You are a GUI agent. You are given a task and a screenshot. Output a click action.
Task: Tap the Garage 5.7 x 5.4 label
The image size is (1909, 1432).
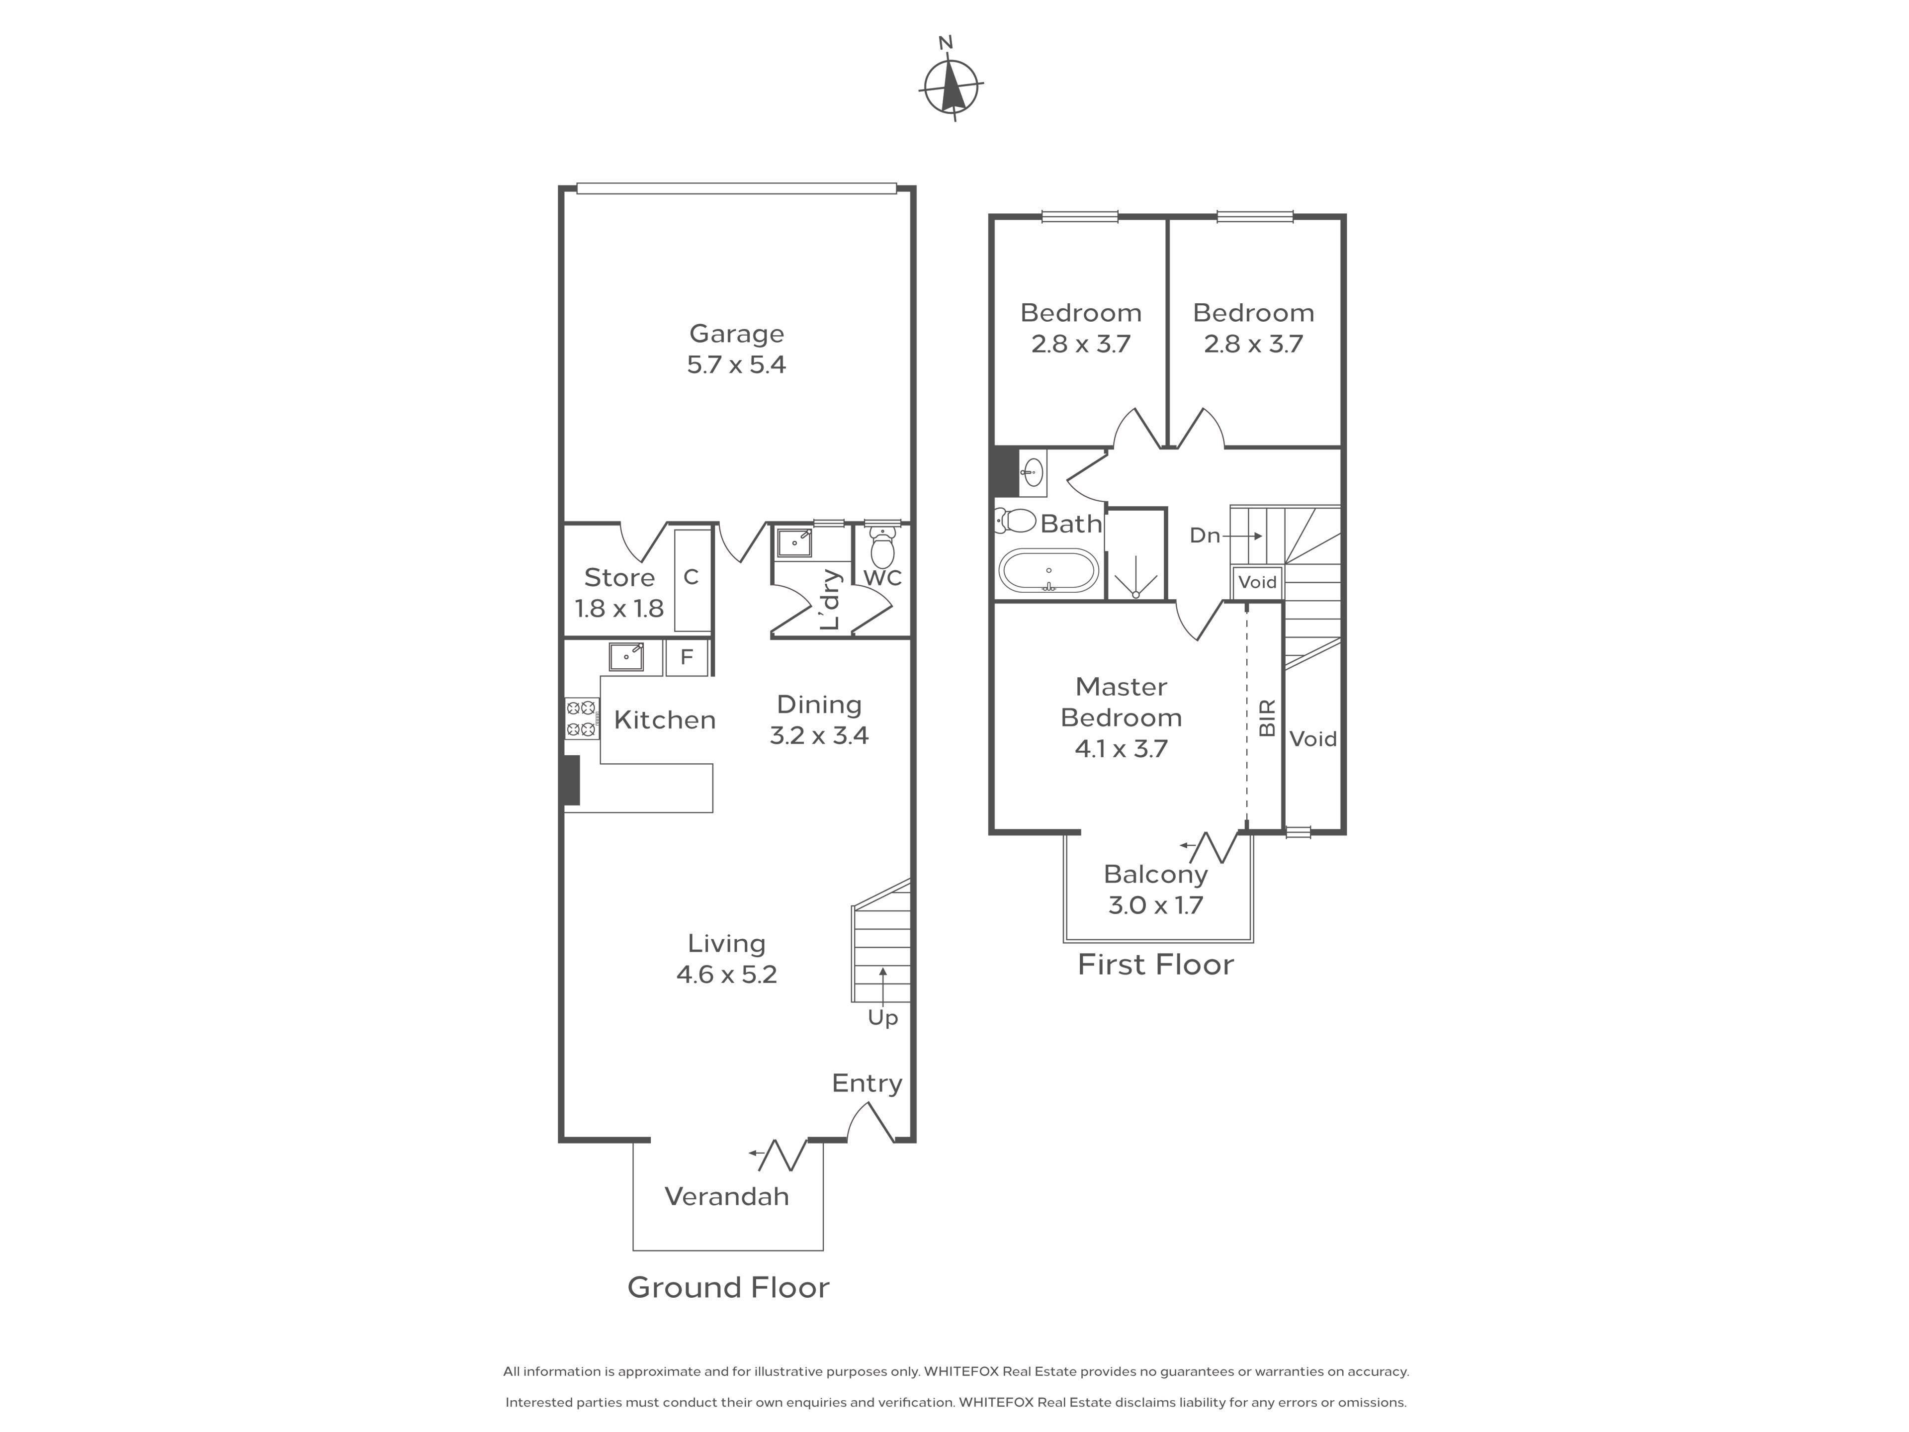(x=736, y=349)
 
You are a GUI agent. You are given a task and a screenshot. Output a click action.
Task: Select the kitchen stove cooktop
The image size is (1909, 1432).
(x=582, y=718)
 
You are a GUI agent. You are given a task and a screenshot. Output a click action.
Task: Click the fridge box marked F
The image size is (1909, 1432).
(x=687, y=657)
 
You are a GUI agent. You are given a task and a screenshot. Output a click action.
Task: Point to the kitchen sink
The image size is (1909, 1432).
(x=626, y=657)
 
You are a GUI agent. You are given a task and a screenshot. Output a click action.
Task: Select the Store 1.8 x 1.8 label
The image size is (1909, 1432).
(x=619, y=593)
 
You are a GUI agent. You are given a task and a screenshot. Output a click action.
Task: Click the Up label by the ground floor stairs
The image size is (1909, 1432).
(x=883, y=1018)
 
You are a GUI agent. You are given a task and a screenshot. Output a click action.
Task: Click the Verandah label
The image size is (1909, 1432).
(x=727, y=1196)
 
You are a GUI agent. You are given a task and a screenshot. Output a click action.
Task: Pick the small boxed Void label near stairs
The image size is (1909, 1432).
(x=1257, y=582)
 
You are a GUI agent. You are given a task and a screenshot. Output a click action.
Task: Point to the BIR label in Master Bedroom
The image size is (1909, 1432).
(x=1267, y=718)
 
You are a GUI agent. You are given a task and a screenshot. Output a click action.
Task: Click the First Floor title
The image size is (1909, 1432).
(x=1155, y=964)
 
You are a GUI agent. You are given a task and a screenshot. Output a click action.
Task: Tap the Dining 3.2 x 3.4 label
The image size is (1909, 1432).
(x=819, y=720)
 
